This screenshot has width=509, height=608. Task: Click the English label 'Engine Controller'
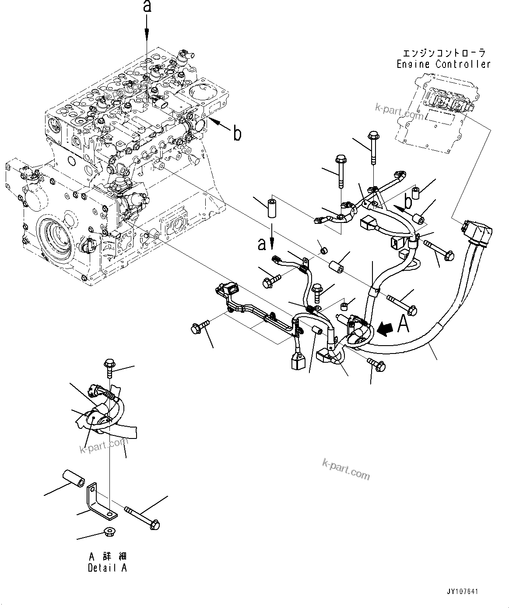pos(443,64)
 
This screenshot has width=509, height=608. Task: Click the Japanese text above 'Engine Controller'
pos(444,53)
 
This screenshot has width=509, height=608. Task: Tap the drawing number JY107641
pos(463,592)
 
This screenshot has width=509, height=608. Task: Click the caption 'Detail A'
pos(108,568)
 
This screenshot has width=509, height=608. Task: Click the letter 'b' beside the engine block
pos(237,133)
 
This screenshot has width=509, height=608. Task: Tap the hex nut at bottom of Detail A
pos(108,533)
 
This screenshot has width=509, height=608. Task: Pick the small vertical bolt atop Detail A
pos(109,366)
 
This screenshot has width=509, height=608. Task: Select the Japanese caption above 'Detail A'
pos(108,557)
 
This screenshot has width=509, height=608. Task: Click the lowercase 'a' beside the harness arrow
pos(262,244)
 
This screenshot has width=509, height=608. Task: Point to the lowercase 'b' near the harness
pos(408,203)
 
